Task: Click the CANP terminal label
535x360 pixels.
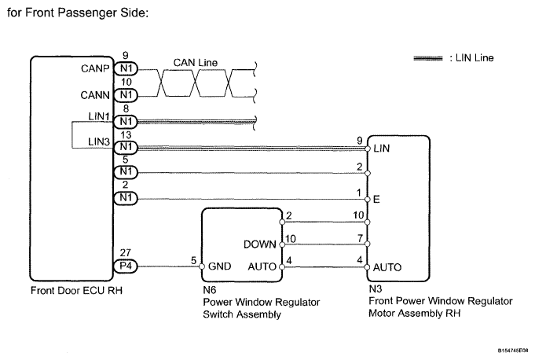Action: click(x=95, y=68)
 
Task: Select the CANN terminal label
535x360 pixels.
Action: click(x=95, y=95)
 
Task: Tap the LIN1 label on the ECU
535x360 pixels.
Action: click(x=99, y=116)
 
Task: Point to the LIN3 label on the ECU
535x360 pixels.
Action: click(x=99, y=141)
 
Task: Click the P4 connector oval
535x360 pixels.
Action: click(x=125, y=266)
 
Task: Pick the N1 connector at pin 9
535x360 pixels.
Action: click(x=125, y=68)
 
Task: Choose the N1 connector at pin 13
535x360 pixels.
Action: click(x=125, y=147)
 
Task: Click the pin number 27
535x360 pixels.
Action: click(x=125, y=254)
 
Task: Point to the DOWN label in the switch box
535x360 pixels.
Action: click(x=258, y=244)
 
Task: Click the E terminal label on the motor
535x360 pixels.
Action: click(x=377, y=200)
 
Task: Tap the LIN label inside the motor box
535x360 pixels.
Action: click(x=383, y=148)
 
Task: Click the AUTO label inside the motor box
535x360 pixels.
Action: click(x=388, y=267)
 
